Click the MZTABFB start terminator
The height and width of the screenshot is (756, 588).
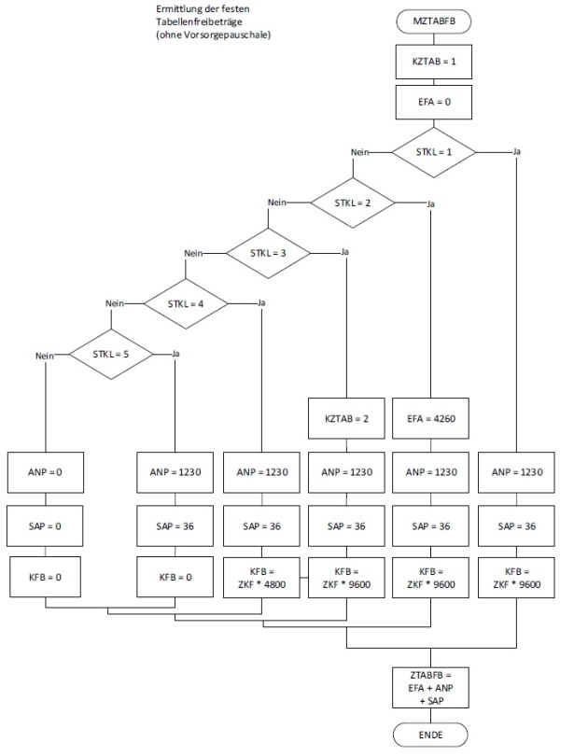[x=432, y=20]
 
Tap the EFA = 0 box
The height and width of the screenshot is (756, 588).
[x=432, y=100]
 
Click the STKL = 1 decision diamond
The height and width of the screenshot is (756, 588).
[x=432, y=151]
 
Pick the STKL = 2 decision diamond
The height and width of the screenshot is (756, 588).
[x=352, y=202]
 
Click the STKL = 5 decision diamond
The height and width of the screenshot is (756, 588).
[x=110, y=354]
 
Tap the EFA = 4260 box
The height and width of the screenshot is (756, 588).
[x=432, y=419]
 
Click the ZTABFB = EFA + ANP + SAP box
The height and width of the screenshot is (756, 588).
[x=432, y=686]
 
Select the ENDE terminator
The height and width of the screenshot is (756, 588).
[x=432, y=735]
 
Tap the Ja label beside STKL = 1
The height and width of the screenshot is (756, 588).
[x=517, y=152]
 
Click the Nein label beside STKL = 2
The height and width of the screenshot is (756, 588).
[x=276, y=203]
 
